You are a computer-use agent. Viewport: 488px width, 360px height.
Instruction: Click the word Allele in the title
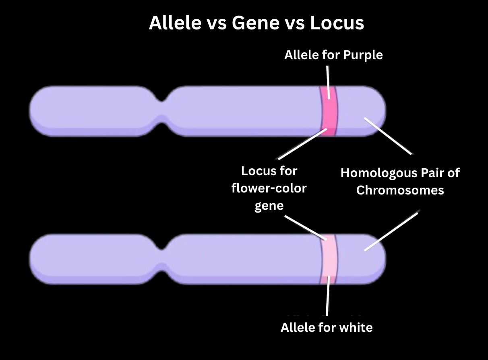tap(175, 23)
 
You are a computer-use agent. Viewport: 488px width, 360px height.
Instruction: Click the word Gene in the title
tap(254, 23)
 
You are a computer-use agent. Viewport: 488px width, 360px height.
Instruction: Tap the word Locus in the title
tap(337, 23)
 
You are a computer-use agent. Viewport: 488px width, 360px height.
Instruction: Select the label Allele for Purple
tap(333, 55)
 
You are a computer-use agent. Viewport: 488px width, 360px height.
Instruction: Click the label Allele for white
tap(327, 327)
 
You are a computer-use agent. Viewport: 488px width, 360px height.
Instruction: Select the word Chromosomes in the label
tap(400, 190)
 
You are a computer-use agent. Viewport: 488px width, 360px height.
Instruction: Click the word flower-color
tap(269, 188)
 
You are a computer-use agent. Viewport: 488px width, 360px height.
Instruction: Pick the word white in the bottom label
tap(356, 327)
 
